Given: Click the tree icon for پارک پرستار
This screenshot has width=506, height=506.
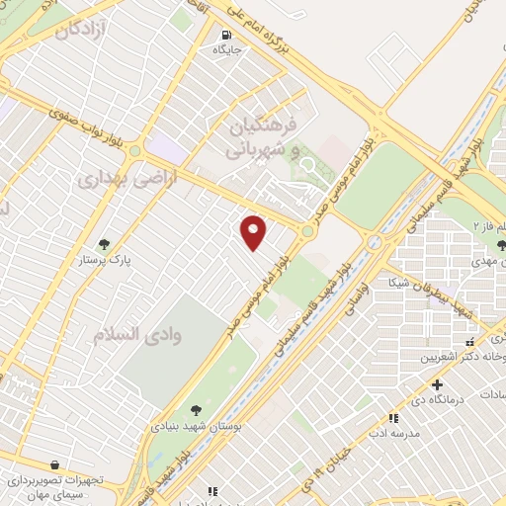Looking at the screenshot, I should tap(104, 244).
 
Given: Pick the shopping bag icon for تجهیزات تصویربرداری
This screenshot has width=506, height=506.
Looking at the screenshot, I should tap(52, 464).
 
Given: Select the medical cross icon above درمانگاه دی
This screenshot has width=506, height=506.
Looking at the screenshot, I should tap(437, 384).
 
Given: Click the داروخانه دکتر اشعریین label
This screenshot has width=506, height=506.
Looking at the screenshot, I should tap(463, 358).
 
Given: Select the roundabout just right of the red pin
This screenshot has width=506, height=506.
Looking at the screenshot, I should tap(308, 232).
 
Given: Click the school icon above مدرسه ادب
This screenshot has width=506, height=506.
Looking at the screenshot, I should tap(393, 418).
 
